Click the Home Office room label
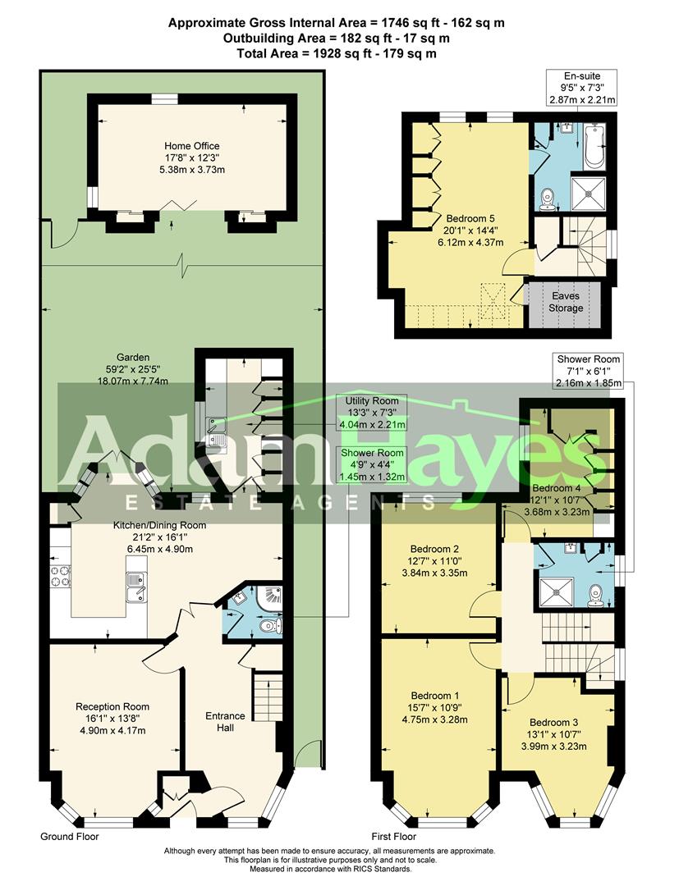click(x=191, y=158)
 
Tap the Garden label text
click(x=133, y=369)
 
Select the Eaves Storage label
click(x=566, y=302)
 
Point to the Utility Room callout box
click(x=372, y=413)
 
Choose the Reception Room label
click(x=112, y=718)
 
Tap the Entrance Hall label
click(x=225, y=722)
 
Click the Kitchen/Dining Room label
click(x=159, y=537)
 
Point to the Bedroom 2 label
click(x=434, y=560)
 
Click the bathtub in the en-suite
click(x=594, y=145)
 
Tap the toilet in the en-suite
click(x=546, y=200)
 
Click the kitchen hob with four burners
click(x=61, y=576)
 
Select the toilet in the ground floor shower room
click(x=270, y=626)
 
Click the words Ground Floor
click(x=70, y=837)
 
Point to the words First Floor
click(x=393, y=837)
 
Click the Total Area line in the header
click(x=337, y=53)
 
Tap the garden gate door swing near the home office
click(x=63, y=235)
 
